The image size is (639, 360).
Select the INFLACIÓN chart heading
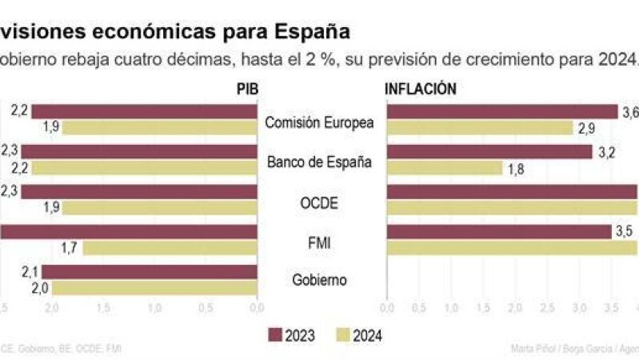421,90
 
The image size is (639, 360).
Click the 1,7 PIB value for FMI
69,248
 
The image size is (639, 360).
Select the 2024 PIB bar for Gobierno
161,287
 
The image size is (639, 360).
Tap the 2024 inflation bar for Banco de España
444,168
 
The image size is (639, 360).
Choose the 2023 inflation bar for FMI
499,232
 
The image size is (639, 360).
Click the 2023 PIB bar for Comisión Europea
144,112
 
